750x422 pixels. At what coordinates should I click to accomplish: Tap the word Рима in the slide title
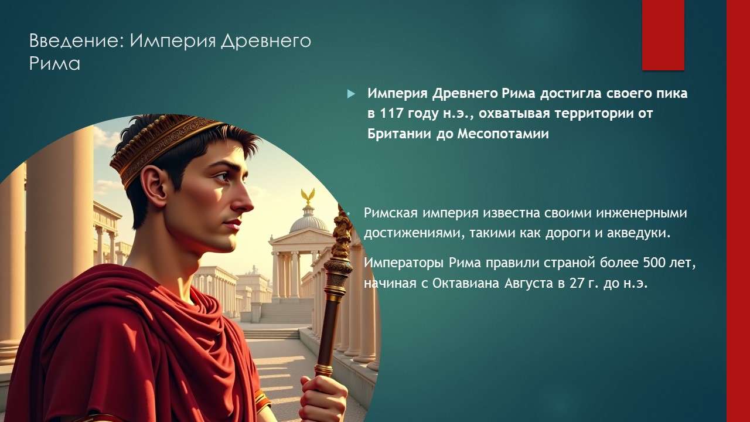pos(54,63)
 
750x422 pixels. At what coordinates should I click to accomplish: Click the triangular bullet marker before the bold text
pos(352,94)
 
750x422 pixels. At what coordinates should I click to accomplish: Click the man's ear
pos(154,185)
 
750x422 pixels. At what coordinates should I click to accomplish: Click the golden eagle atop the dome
pos(308,196)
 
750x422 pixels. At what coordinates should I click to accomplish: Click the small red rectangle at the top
pos(663,35)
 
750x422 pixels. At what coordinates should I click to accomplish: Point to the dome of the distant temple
pos(308,222)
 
